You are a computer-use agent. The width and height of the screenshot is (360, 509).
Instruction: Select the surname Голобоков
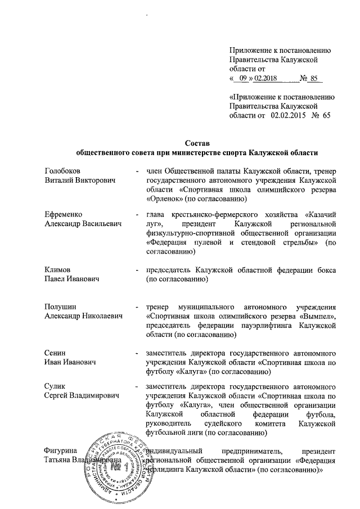pos(62,170)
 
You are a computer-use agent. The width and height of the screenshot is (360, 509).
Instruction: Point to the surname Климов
pos(58,269)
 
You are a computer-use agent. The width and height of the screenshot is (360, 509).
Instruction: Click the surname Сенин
pos(55,353)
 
